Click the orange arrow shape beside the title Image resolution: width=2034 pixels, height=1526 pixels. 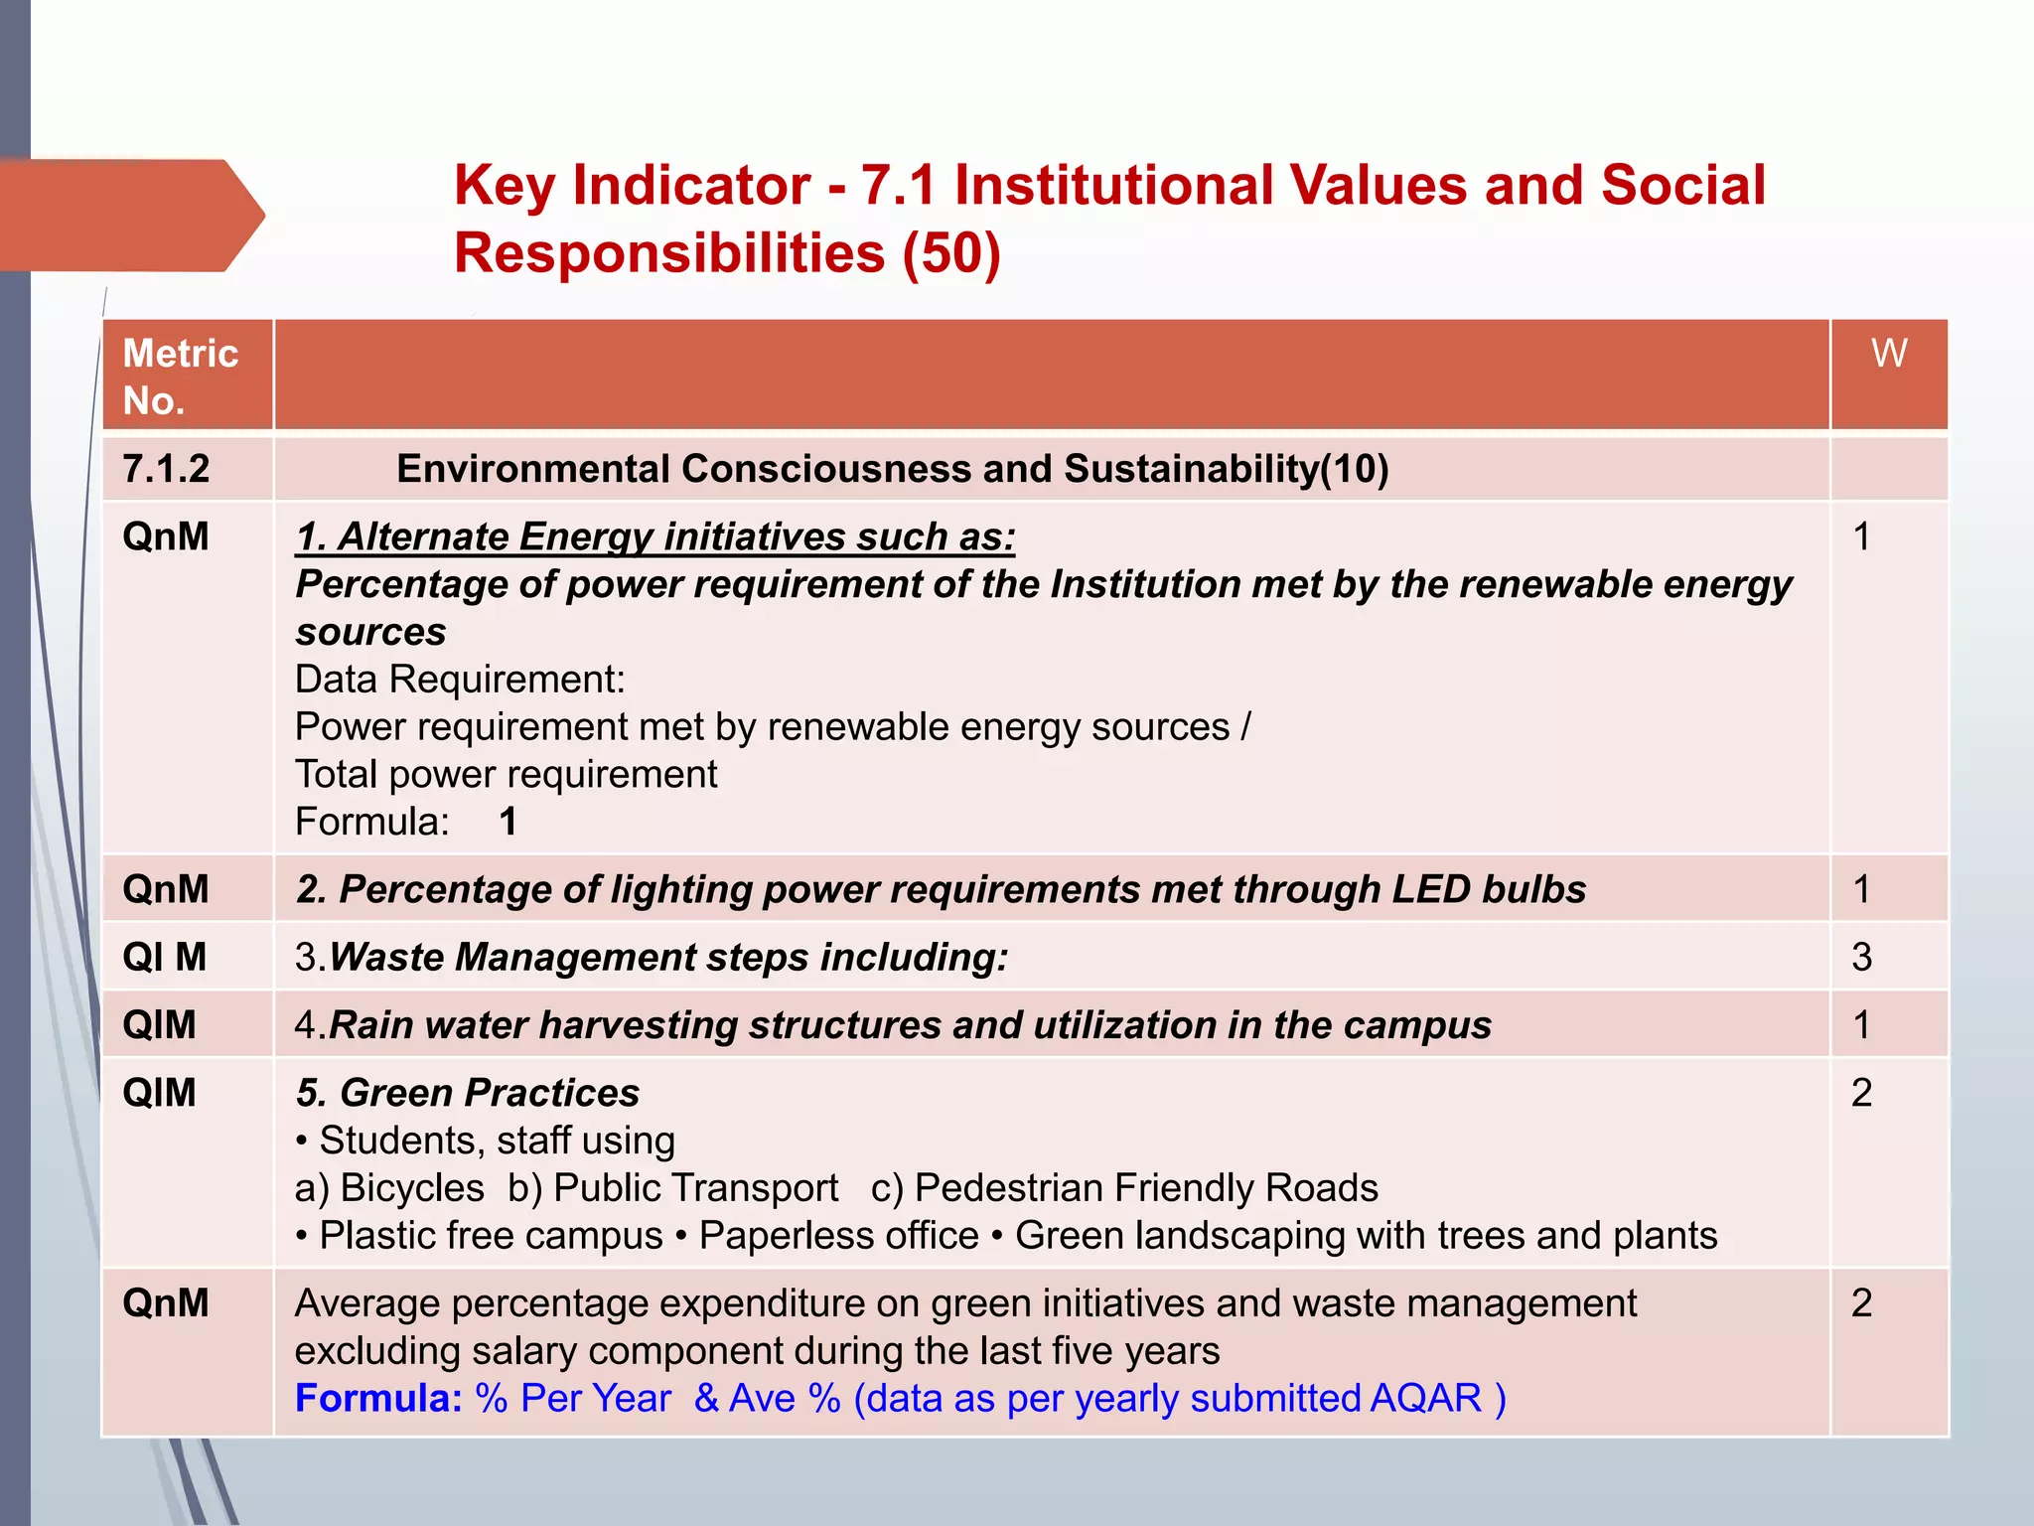pyautogui.click(x=129, y=215)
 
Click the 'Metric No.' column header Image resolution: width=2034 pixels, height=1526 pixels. pyautogui.click(x=180, y=377)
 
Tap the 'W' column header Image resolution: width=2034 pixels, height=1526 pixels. pyautogui.click(x=1888, y=354)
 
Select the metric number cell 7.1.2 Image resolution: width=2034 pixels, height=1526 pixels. pyautogui.click(x=166, y=469)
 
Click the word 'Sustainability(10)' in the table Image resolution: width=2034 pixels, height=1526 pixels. pyautogui.click(x=1226, y=469)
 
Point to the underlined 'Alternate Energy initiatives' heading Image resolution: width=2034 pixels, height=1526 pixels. pyautogui.click(x=655, y=536)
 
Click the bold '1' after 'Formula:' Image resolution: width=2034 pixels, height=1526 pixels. pyautogui.click(x=508, y=822)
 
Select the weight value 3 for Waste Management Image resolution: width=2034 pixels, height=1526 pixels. pyautogui.click(x=1861, y=957)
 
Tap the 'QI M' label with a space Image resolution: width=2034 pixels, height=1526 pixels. pyautogui.click(x=164, y=957)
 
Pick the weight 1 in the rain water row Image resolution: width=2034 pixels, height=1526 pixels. pyautogui.click(x=1861, y=1024)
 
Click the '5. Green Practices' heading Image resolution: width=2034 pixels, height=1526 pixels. pyautogui.click(x=468, y=1093)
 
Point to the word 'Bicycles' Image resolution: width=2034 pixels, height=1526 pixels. pyautogui.click(x=411, y=1188)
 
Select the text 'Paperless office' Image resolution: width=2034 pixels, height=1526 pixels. pyautogui.click(x=838, y=1236)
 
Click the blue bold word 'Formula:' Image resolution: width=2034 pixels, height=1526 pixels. pyautogui.click(x=378, y=1398)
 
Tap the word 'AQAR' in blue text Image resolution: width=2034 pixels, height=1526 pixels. pyautogui.click(x=1425, y=1398)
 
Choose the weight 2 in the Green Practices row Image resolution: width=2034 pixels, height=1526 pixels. pyautogui.click(x=1861, y=1093)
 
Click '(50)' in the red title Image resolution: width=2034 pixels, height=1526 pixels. pyautogui.click(x=950, y=252)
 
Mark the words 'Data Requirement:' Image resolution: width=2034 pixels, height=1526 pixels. pyautogui.click(x=460, y=680)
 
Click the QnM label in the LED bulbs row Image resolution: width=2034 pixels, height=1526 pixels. pyautogui.click(x=165, y=889)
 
